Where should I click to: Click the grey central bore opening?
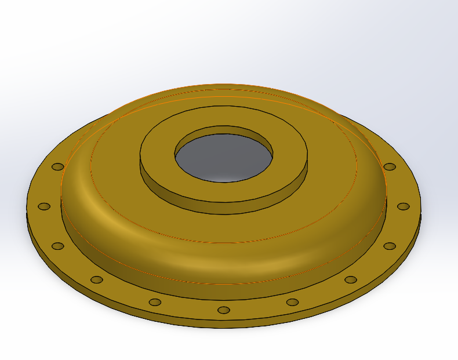223,157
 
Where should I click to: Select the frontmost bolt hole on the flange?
224,310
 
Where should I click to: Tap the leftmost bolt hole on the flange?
44,206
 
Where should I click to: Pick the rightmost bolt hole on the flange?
403,206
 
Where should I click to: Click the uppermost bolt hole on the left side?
57,166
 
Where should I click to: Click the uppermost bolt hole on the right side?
390,166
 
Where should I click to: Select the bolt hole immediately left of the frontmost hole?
155,302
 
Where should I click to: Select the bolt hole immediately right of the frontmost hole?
292,302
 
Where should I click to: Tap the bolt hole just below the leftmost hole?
57,246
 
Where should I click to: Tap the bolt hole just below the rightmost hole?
390,246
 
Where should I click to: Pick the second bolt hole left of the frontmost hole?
97,279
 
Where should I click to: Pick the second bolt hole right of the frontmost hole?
351,279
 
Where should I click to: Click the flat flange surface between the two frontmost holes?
188,308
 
